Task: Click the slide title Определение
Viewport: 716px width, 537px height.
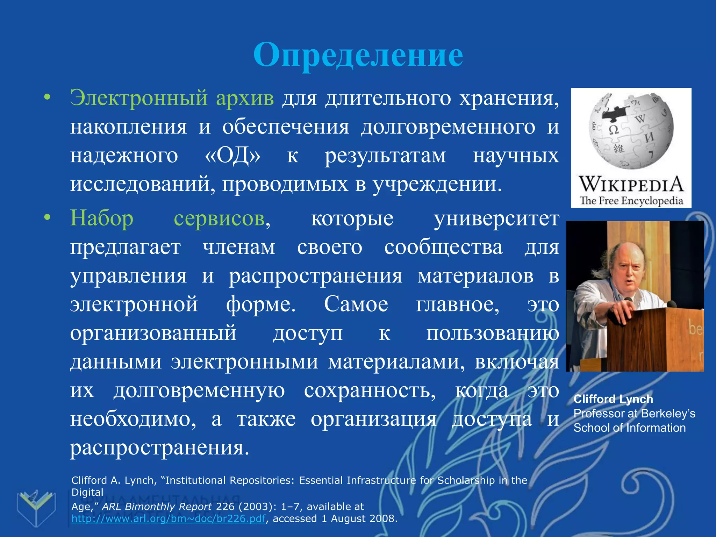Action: tap(358, 55)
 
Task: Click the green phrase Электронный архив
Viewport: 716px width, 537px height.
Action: tap(172, 98)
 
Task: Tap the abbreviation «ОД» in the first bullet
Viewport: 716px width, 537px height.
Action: tap(232, 156)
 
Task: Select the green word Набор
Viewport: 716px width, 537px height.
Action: tap(102, 219)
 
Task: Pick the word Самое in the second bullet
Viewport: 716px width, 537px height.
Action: tap(356, 304)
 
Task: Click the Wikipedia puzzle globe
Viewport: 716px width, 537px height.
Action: tap(631, 130)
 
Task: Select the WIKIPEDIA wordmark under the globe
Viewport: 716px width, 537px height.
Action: tap(631, 184)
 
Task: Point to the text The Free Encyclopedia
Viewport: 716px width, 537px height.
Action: tap(631, 201)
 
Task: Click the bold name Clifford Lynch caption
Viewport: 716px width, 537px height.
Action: tap(613, 399)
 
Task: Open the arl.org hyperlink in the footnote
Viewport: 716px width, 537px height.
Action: tap(168, 518)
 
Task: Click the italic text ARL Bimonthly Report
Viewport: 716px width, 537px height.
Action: tap(157, 507)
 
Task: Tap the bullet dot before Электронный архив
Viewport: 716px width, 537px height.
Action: tap(47, 98)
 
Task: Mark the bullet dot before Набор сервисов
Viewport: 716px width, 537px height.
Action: tap(47, 218)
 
